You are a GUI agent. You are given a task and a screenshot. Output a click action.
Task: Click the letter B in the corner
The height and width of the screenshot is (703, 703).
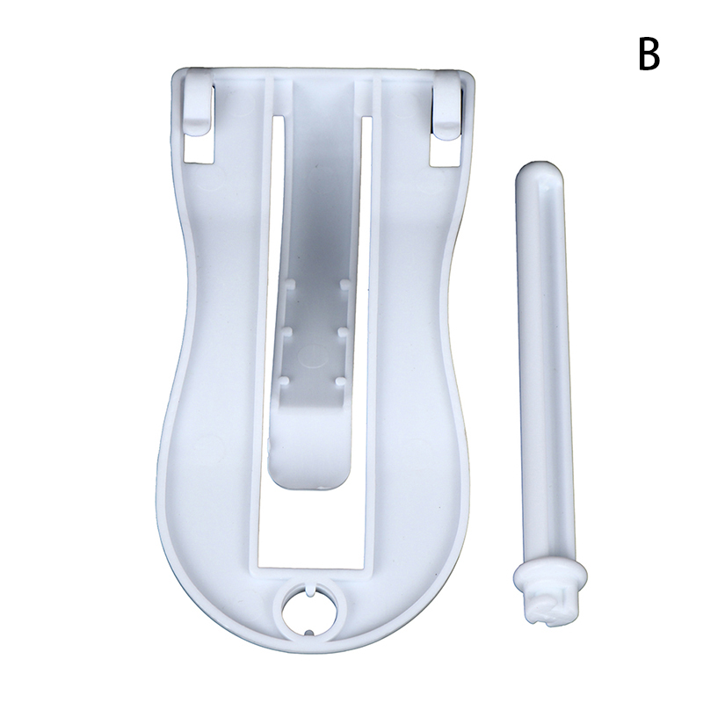649,54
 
